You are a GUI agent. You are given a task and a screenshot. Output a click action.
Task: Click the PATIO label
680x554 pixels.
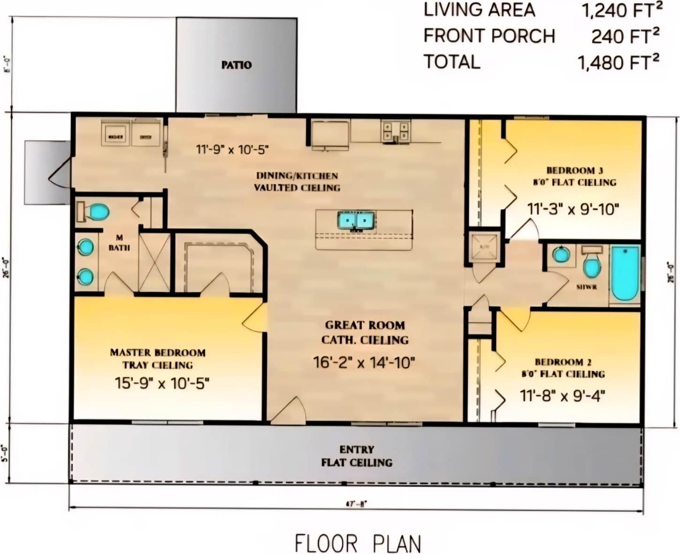click(237, 65)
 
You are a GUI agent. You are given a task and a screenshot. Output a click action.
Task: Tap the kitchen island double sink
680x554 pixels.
click(356, 220)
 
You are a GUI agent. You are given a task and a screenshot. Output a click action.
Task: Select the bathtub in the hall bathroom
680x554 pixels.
click(625, 273)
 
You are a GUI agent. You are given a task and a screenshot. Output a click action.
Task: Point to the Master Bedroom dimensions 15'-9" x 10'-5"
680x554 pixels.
click(162, 383)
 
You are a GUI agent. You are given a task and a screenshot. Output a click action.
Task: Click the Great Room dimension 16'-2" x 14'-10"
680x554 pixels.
click(364, 362)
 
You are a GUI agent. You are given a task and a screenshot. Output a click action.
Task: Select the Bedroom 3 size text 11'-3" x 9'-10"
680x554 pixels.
click(573, 209)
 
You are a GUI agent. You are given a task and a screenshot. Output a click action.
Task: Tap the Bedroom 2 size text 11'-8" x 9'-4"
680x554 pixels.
click(562, 396)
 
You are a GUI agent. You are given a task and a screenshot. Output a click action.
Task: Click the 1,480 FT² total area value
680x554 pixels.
click(618, 62)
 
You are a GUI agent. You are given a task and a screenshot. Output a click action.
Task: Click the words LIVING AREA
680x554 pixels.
click(479, 10)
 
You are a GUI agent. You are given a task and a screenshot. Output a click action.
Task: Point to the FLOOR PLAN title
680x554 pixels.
click(358, 543)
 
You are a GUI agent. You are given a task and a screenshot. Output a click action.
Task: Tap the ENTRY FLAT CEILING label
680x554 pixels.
click(357, 456)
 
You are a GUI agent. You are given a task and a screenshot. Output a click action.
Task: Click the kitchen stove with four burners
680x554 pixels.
click(396, 131)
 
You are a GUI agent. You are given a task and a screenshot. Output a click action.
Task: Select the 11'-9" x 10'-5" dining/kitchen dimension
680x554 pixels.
click(232, 150)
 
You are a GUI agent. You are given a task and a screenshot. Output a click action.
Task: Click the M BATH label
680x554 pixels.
click(119, 243)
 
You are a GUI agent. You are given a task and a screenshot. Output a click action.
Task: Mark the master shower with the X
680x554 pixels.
click(154, 262)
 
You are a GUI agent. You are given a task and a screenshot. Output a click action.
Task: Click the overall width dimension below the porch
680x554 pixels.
click(356, 504)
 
